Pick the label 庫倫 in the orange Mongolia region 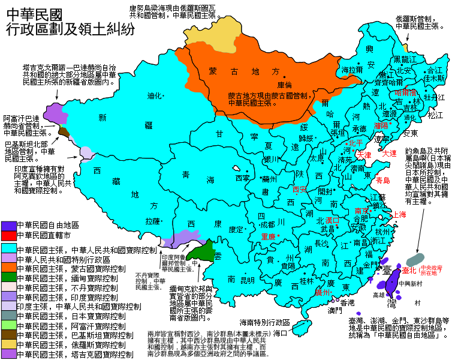coord(284,85)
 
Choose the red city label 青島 coord(382,180)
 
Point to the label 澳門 coord(335,311)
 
